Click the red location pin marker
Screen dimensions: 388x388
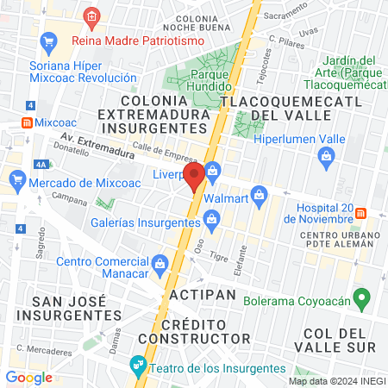pos(193,178)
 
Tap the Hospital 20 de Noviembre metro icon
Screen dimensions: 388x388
pos(361,212)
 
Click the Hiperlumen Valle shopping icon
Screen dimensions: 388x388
pos(327,155)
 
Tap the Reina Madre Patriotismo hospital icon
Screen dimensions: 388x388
pos(91,16)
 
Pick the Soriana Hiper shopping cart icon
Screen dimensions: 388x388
pos(48,41)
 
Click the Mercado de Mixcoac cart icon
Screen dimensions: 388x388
pos(17,179)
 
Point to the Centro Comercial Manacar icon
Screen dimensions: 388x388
pos(159,261)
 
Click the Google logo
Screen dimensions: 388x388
pos(28,377)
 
